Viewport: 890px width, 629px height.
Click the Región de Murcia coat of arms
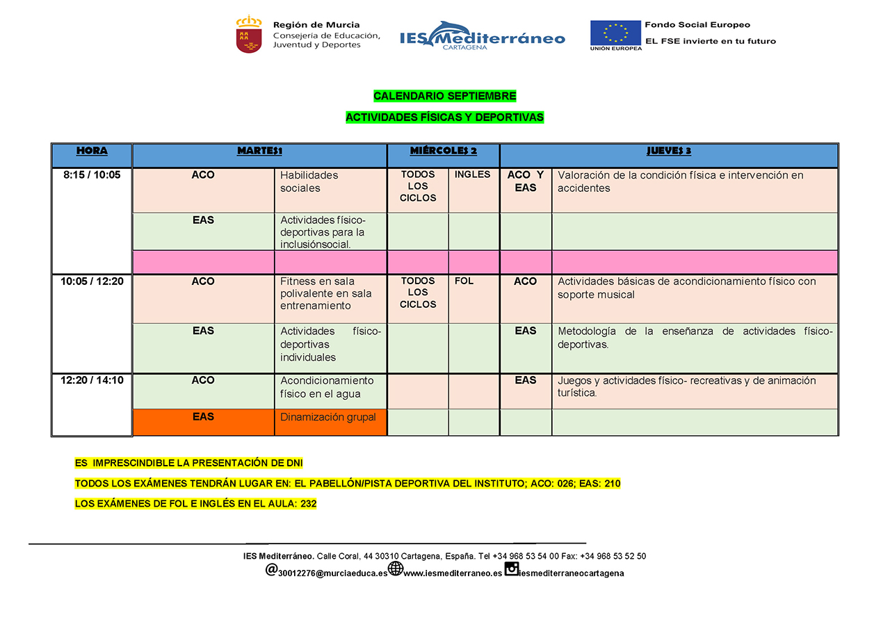[249, 35]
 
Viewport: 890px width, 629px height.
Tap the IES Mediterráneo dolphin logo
[483, 34]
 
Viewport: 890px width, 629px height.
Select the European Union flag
[615, 33]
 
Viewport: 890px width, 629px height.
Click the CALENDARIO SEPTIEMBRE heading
[445, 96]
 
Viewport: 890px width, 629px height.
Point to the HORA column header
[92, 151]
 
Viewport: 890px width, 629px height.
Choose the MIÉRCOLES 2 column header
[444, 151]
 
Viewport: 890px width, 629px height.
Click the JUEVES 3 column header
[669, 151]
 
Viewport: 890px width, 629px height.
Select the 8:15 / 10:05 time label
[92, 175]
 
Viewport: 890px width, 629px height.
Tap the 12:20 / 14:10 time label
[92, 380]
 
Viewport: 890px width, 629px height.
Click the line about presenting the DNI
[189, 463]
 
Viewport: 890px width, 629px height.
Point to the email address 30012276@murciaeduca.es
[332, 573]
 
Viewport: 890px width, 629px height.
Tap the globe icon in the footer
[396, 569]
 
